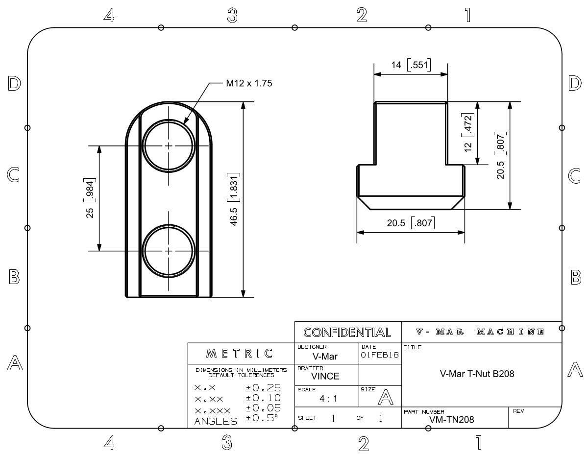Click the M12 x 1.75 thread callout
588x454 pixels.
pyautogui.click(x=248, y=83)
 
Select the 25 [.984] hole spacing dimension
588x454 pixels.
pyautogui.click(x=90, y=198)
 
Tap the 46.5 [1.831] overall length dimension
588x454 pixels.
pyautogui.click(x=234, y=199)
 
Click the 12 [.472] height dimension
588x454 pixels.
pyautogui.click(x=468, y=132)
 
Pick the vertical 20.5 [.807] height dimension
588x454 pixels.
pyautogui.click(x=501, y=155)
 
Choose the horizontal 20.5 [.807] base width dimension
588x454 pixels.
pyautogui.click(x=411, y=223)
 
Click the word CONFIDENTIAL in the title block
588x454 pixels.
pyautogui.click(x=347, y=333)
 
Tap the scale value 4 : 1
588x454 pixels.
pyautogui.click(x=327, y=399)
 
